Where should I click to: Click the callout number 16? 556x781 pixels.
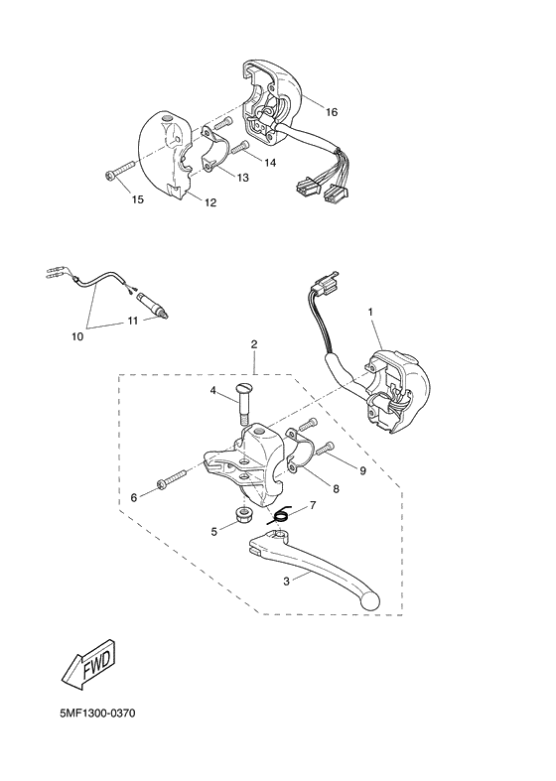click(x=332, y=112)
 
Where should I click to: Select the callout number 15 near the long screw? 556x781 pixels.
click(x=138, y=199)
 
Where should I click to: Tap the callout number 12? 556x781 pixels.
click(x=210, y=203)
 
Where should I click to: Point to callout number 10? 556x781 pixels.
click(x=76, y=336)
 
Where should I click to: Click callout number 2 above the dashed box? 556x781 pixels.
click(x=254, y=344)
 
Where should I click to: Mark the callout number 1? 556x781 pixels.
click(x=370, y=312)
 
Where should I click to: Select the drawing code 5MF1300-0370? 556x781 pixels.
click(x=93, y=714)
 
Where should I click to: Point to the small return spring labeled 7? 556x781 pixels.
click(x=281, y=513)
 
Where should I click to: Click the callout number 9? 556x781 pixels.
click(x=362, y=470)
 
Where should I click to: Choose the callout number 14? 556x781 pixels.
click(x=270, y=161)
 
